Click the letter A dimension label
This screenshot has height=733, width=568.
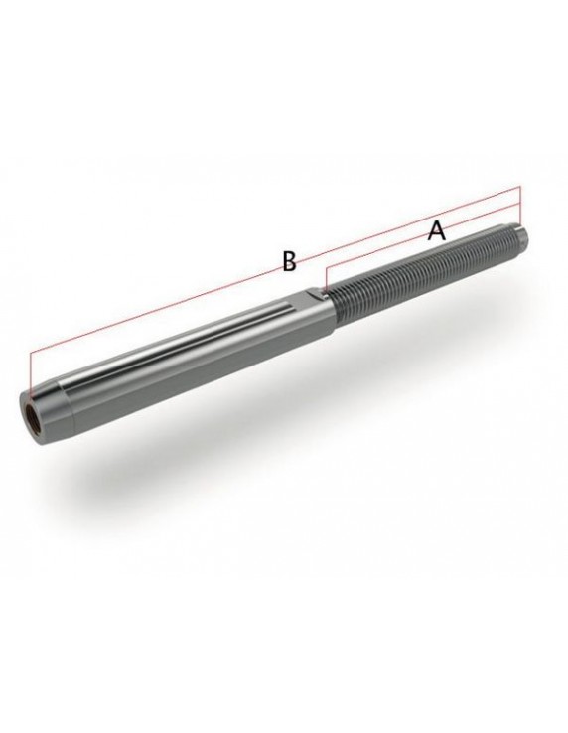pos(437,231)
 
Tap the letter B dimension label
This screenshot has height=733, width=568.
pos(289,261)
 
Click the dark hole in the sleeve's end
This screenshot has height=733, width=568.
pos(32,412)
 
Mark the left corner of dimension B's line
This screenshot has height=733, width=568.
pos(31,352)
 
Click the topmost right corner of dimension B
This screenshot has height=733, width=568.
pos(519,187)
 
